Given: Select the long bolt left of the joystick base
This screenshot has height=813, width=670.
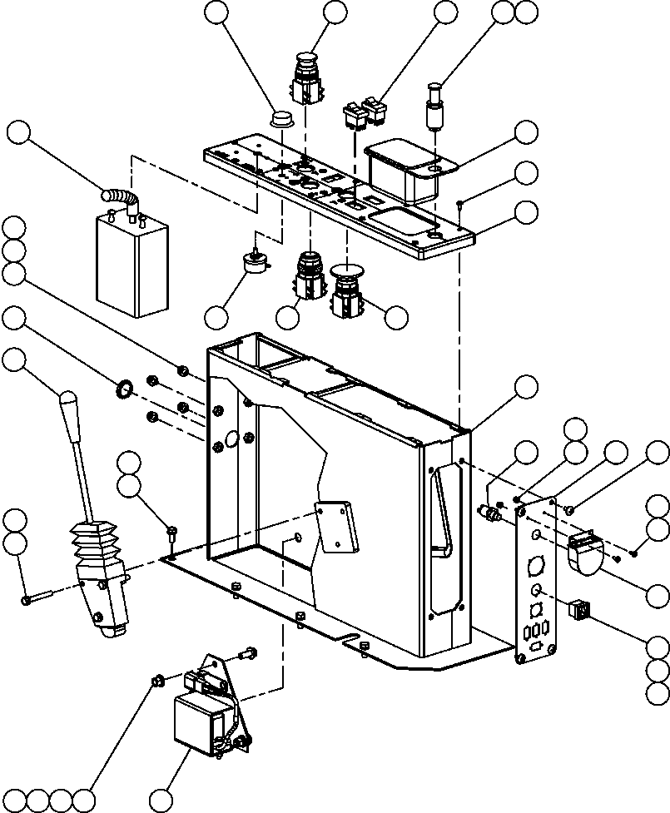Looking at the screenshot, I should coord(38,597).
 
